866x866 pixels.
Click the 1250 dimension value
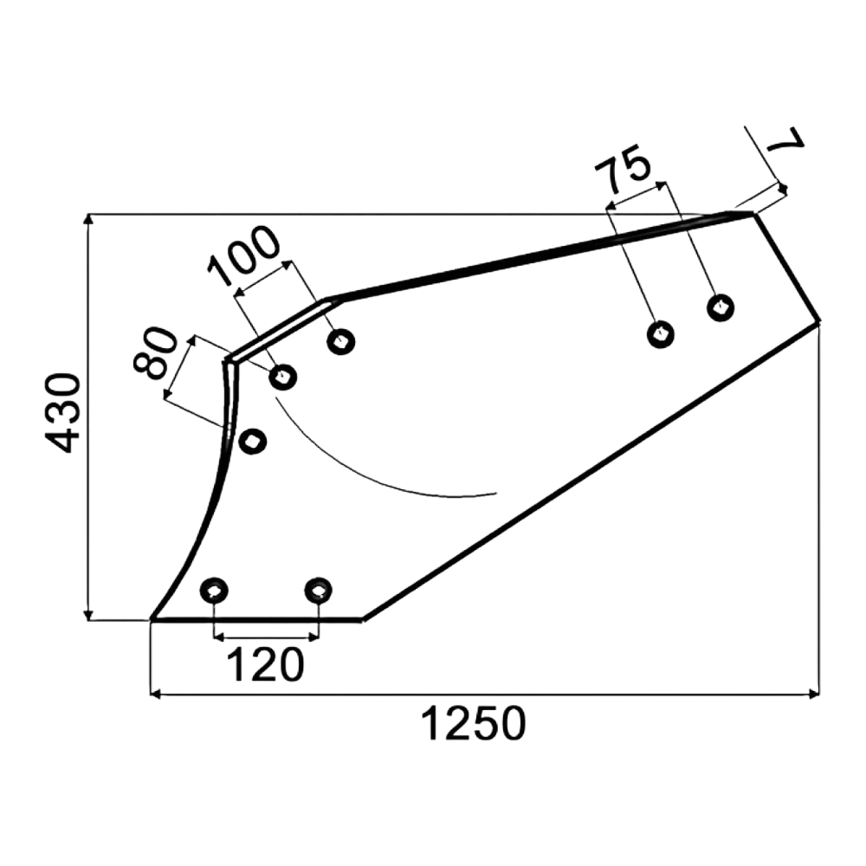point(474,724)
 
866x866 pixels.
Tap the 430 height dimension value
point(62,413)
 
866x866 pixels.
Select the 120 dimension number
point(265,665)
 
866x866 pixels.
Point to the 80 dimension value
point(155,353)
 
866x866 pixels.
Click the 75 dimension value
point(623,167)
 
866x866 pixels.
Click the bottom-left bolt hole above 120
point(214,591)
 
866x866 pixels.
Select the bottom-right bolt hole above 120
point(318,591)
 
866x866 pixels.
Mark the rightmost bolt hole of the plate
point(721,307)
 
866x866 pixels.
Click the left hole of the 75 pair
point(661,333)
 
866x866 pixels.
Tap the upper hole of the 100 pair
point(340,341)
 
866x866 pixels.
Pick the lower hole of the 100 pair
point(283,378)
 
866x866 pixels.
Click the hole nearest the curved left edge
point(252,442)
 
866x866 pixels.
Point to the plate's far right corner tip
point(819,321)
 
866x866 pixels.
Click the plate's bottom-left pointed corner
point(152,620)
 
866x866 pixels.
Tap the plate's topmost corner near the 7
point(753,213)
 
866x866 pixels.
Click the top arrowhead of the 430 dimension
point(87,219)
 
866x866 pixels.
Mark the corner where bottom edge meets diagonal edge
point(362,620)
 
